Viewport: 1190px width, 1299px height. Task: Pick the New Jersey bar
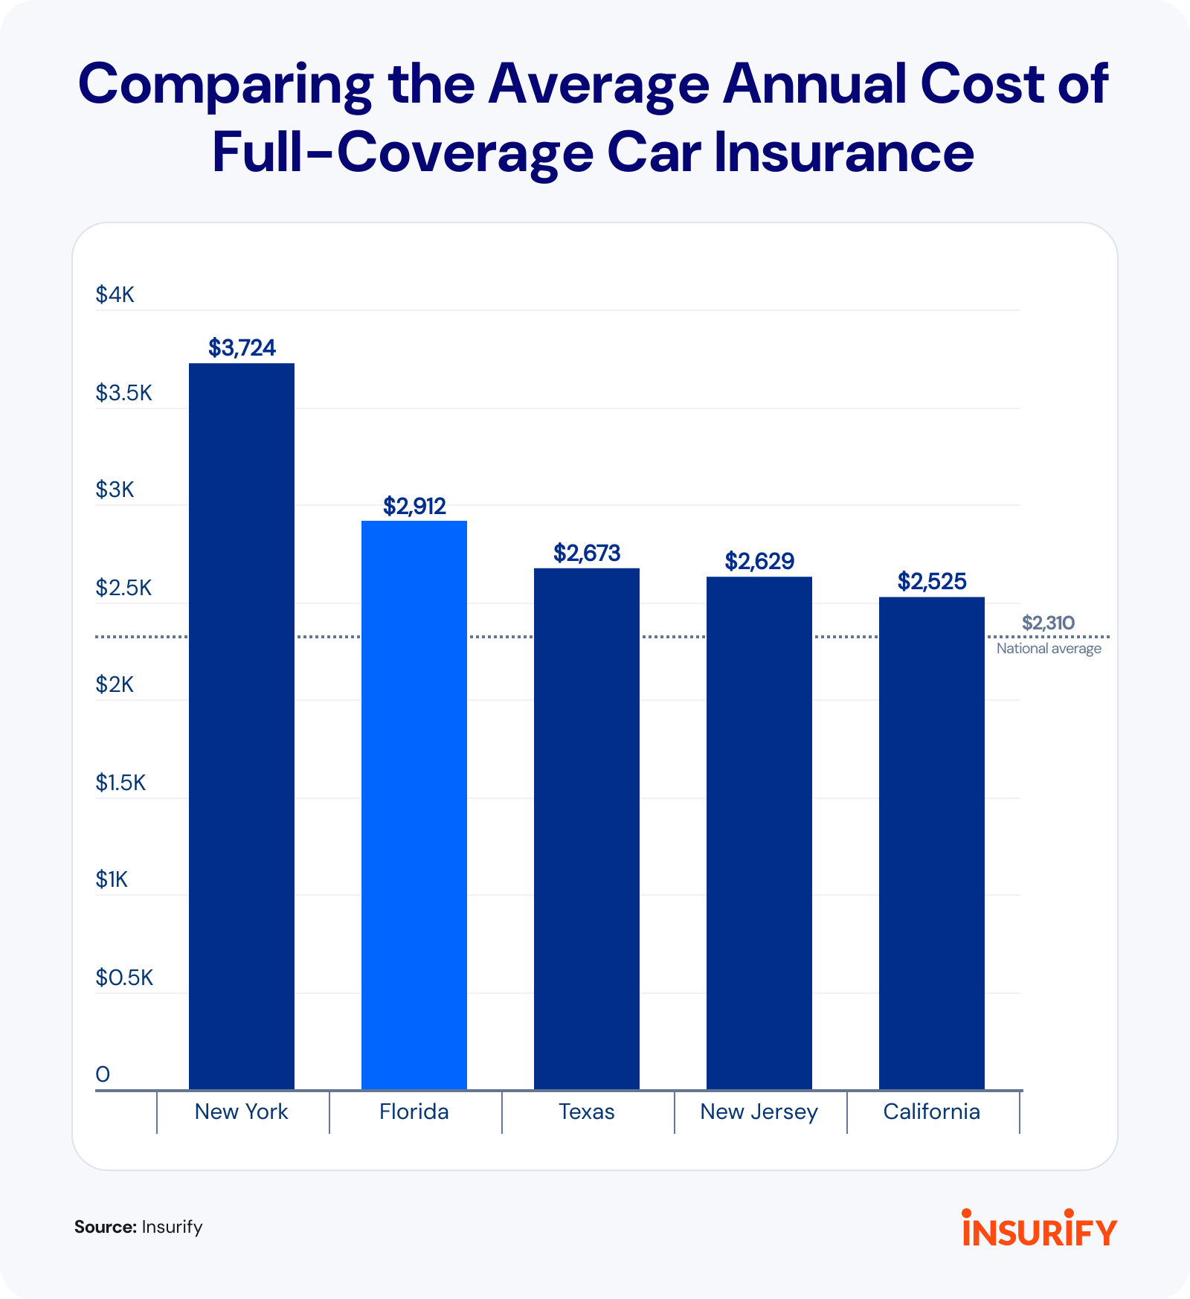pos(759,833)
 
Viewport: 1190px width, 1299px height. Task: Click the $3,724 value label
pos(242,347)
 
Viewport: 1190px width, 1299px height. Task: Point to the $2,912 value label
pos(414,506)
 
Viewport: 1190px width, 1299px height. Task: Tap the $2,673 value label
pos(587,553)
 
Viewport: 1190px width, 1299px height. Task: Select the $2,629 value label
pos(759,561)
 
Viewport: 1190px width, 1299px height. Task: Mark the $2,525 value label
pos(932,581)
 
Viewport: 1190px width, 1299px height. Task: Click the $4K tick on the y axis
pos(115,295)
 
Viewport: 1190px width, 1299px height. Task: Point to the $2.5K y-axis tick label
pos(123,588)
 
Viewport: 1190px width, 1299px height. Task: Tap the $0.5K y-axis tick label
pos(123,978)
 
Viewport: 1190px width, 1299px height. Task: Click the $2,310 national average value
pos(1048,623)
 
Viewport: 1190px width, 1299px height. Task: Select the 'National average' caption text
pos(1049,649)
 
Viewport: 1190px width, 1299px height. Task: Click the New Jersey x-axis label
pos(759,1112)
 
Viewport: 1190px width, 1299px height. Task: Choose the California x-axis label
pos(932,1112)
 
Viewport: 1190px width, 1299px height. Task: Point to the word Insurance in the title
pos(844,153)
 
